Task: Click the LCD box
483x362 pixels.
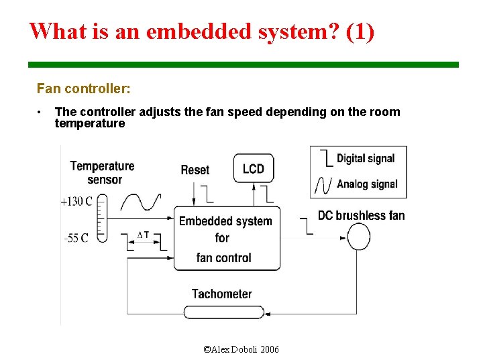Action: click(254, 168)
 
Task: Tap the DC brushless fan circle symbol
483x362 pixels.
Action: click(358, 237)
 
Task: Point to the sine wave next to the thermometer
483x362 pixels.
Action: click(140, 202)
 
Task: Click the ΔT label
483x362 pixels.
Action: click(143, 235)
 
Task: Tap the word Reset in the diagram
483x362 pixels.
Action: click(195, 170)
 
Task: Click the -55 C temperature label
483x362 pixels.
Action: click(76, 239)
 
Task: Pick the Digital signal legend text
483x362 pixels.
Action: click(366, 159)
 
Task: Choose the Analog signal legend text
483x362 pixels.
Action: click(367, 184)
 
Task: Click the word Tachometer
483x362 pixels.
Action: click(221, 294)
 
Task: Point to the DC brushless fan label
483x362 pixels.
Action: click(361, 215)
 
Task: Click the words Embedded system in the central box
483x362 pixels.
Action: click(225, 221)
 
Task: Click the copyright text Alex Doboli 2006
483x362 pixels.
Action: click(241, 349)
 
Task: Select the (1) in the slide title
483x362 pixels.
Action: click(361, 31)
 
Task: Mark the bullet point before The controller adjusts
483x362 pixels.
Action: click(40, 112)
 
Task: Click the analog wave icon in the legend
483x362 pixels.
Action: click(325, 184)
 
